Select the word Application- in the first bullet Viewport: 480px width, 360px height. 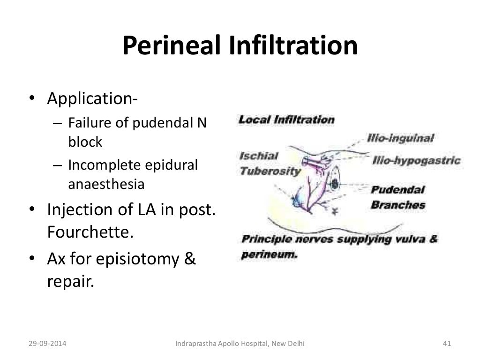[92, 100]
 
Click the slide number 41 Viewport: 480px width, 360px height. [446, 345]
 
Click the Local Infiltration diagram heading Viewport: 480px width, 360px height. [286, 119]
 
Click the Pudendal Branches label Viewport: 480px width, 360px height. [398, 197]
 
